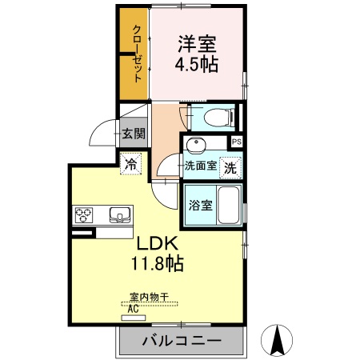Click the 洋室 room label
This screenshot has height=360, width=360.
[198, 42]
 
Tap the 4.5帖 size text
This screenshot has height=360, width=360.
[198, 64]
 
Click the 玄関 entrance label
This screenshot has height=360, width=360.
[133, 134]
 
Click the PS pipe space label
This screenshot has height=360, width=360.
[236, 142]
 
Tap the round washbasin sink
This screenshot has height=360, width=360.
[196, 145]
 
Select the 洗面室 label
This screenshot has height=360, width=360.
[201, 167]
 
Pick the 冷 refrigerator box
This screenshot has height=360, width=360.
[131, 166]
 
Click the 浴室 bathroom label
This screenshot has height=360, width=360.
[201, 205]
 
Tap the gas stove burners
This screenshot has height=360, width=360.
[86, 214]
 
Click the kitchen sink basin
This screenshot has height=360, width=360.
[119, 214]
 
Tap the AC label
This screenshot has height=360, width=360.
[132, 306]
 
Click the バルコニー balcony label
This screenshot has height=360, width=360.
[182, 342]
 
